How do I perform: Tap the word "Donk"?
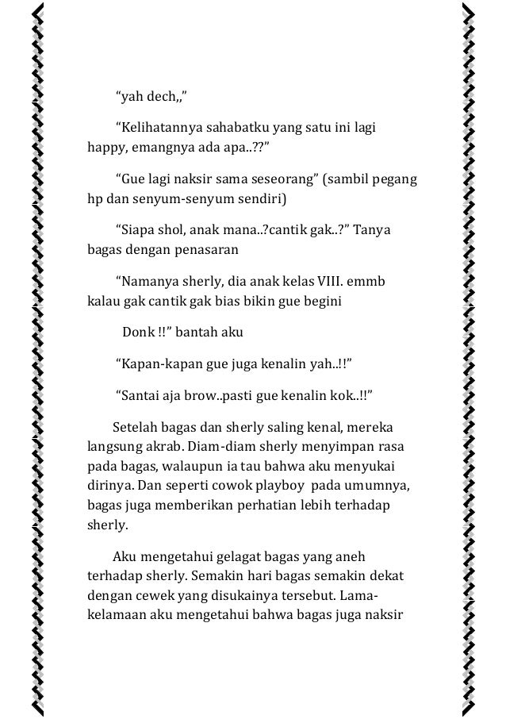pos(139,331)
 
